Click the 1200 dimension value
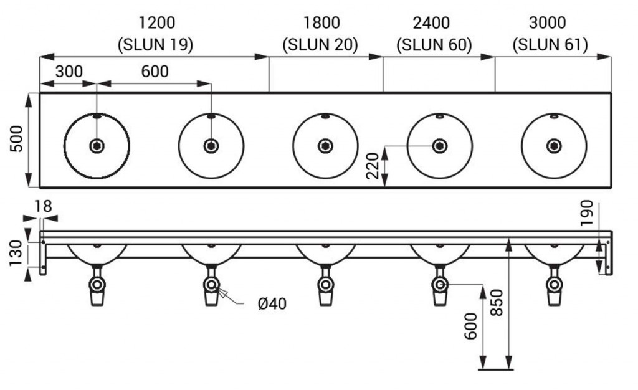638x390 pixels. click(157, 23)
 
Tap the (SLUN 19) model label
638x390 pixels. click(155, 45)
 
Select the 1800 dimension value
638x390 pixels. click(321, 23)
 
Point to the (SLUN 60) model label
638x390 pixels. click(434, 45)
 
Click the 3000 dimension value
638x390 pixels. click(547, 23)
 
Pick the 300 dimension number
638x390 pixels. click(69, 72)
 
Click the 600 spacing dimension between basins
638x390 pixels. click(155, 72)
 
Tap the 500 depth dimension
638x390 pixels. click(16, 139)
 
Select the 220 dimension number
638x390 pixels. click(373, 166)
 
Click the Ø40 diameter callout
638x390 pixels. click(272, 303)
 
